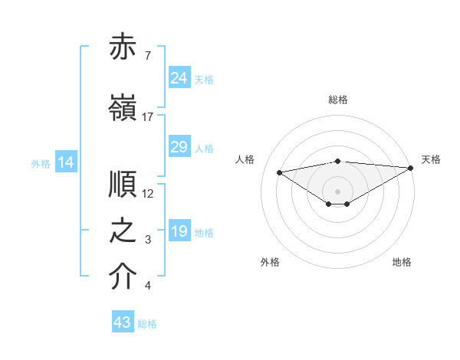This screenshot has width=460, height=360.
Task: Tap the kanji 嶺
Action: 123,107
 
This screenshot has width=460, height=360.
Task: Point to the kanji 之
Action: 123,231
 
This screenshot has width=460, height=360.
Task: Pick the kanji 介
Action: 123,277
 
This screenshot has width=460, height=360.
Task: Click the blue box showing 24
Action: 179,78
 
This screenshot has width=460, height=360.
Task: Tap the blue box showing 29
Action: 179,147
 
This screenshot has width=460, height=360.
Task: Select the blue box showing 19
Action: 179,231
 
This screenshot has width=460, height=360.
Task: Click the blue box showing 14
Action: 66,162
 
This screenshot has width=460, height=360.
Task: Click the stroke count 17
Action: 148,117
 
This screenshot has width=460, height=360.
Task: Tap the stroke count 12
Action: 148,194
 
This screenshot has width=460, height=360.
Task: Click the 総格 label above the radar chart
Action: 338,100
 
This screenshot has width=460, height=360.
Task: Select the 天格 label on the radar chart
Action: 431,159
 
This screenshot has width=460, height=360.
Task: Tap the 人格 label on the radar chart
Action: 245,159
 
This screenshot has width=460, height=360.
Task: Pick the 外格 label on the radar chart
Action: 270,262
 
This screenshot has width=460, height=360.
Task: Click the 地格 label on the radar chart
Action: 402,262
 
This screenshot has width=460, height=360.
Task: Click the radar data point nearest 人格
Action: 280,172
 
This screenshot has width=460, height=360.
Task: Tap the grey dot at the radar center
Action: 337,191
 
